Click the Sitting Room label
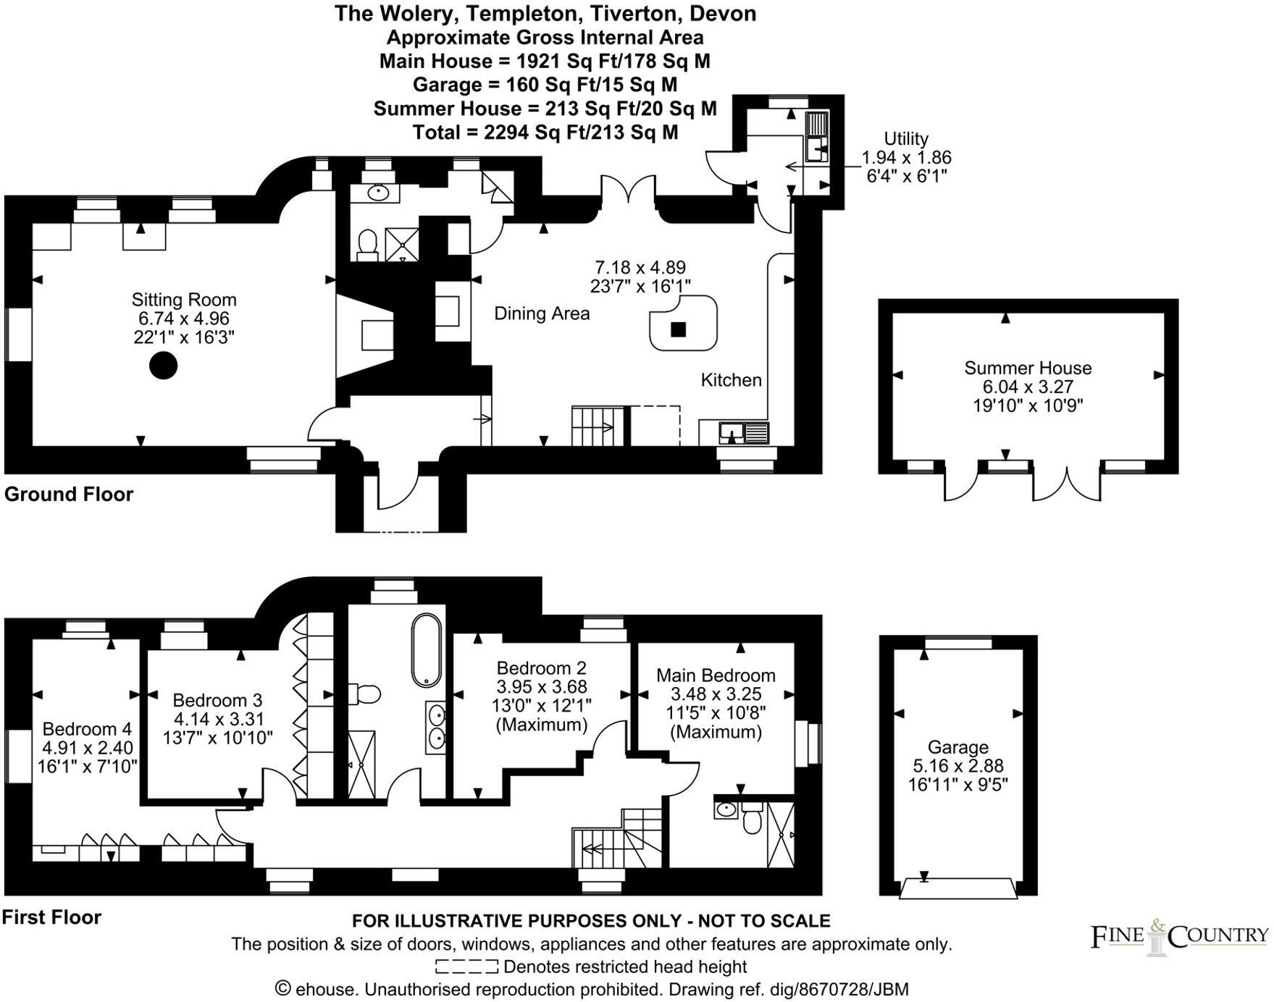tap(184, 300)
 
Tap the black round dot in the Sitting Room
tap(164, 366)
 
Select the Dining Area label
tap(542, 313)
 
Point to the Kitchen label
tap(731, 380)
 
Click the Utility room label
tap(905, 138)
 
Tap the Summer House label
tap(1027, 368)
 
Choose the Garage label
tap(957, 747)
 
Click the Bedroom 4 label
tap(87, 729)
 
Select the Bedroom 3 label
tap(217, 700)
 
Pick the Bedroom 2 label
tap(541, 668)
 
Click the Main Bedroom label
tap(716, 675)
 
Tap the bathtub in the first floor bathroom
tap(427, 651)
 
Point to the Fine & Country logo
tap(1179, 937)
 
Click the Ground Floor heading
tap(69, 494)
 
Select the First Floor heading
tap(51, 917)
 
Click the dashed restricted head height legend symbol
tap(466, 967)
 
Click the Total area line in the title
tap(545, 132)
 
